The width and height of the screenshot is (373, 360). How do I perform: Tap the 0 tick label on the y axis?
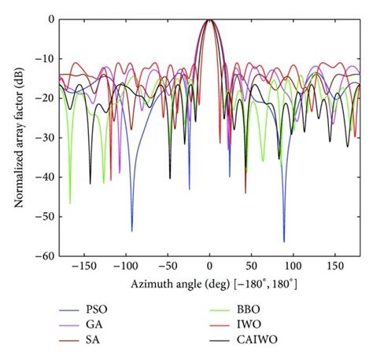pyautogui.click(x=49, y=19)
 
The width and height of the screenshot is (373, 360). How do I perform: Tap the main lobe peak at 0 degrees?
pyautogui.click(x=209, y=20)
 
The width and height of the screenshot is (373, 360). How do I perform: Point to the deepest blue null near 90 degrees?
pyautogui.click(x=284, y=241)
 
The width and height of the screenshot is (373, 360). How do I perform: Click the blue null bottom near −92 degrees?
pyautogui.click(x=132, y=231)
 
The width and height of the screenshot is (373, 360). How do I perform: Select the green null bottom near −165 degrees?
pyautogui.click(x=70, y=203)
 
